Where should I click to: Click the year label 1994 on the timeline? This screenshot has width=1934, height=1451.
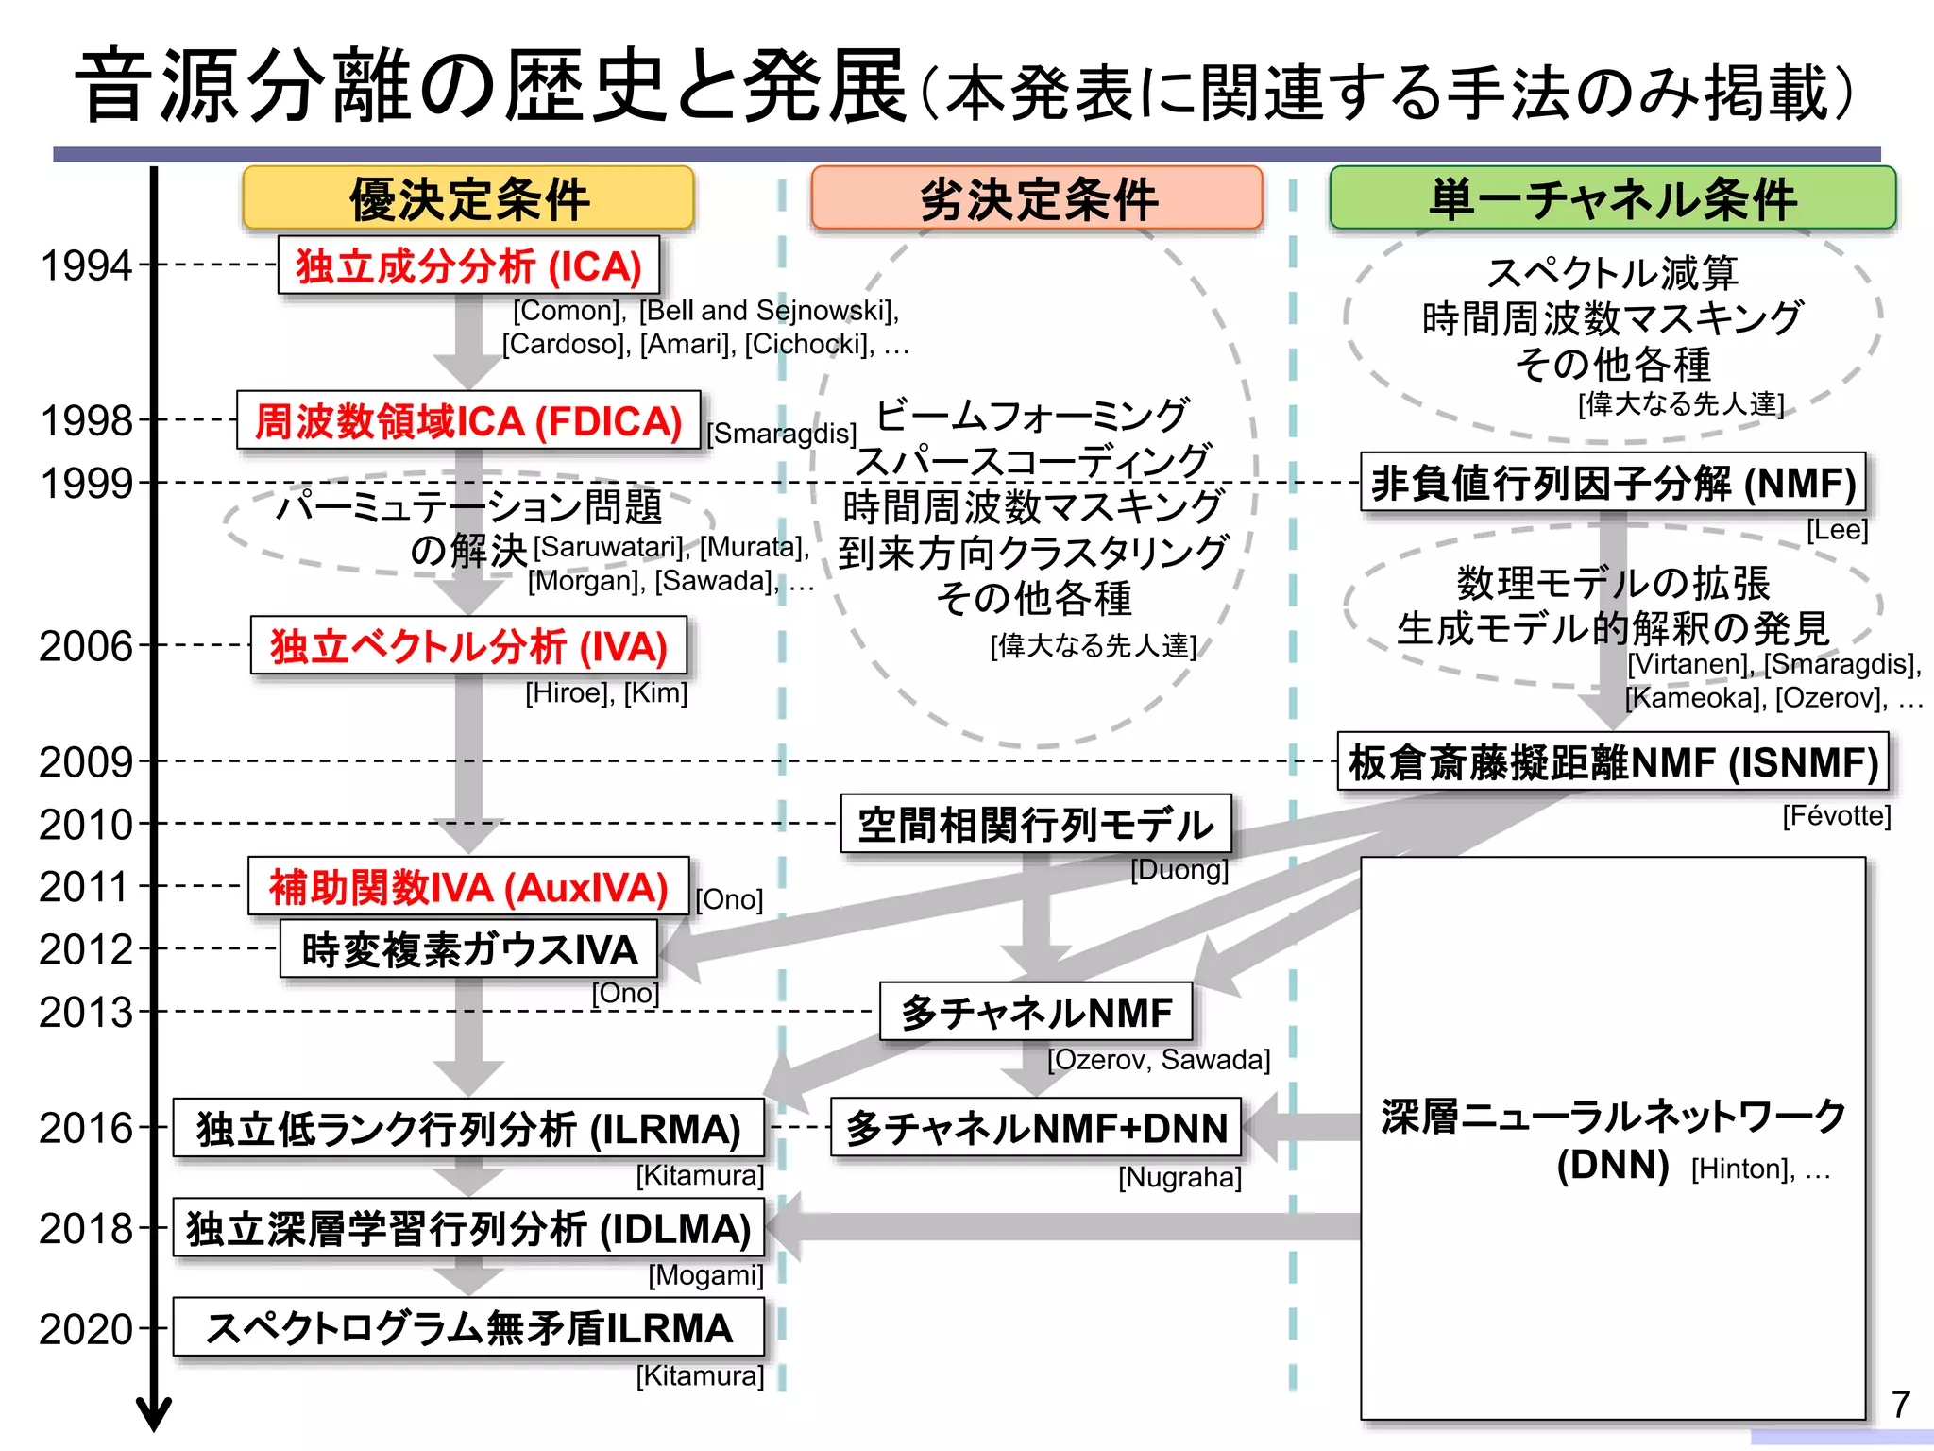85,266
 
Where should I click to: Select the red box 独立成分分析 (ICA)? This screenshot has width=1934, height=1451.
468,265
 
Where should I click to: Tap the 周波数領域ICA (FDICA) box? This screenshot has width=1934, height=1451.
468,420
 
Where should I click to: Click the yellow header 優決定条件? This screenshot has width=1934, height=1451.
468,198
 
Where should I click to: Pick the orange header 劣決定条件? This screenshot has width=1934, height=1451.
1037,198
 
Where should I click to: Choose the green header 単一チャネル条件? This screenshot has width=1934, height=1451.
1612,198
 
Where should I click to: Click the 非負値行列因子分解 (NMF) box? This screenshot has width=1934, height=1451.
1612,483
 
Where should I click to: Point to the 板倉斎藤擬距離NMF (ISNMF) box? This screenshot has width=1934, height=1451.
1612,762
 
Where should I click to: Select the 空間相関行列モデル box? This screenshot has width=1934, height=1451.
1036,824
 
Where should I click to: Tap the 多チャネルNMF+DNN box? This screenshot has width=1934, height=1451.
1036,1128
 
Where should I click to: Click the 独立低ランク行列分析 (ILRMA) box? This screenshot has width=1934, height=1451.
468,1128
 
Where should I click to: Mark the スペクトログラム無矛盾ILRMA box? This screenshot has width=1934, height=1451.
468,1328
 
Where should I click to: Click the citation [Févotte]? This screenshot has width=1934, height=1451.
1836,815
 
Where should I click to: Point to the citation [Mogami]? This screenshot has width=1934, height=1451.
704,1275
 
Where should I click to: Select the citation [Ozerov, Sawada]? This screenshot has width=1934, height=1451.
1158,1060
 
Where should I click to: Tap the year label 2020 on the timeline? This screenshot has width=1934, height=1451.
85,1329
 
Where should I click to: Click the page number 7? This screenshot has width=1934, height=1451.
1900,1404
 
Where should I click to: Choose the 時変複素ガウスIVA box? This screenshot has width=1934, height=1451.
468,949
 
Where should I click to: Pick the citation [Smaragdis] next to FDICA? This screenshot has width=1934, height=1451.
782,434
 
